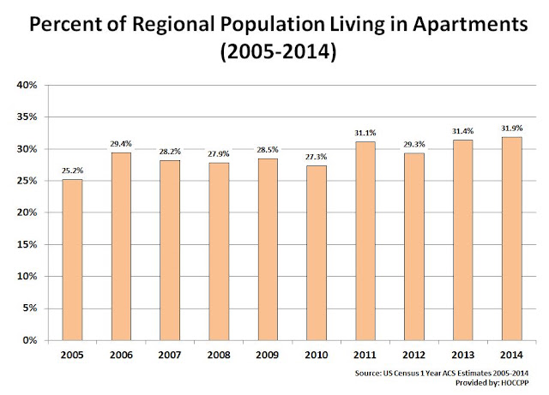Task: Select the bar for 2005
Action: coord(72,260)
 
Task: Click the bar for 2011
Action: coord(365,241)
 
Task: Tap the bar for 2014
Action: coord(511,238)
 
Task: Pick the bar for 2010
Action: coord(317,253)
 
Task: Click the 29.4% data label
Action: coord(121,144)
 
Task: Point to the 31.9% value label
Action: coord(511,129)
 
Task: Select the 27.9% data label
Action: coord(219,154)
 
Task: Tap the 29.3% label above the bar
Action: coord(413,144)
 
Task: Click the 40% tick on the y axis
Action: coord(27,85)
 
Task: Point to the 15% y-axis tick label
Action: coord(27,244)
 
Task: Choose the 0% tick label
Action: coord(30,340)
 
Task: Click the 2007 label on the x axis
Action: coord(170,355)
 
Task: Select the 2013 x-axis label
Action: coord(462,355)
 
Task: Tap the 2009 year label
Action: coord(268,355)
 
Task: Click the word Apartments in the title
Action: coord(470,25)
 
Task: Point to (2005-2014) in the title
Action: coord(278,51)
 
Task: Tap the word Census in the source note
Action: coord(407,374)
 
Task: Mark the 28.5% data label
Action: coord(268,150)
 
